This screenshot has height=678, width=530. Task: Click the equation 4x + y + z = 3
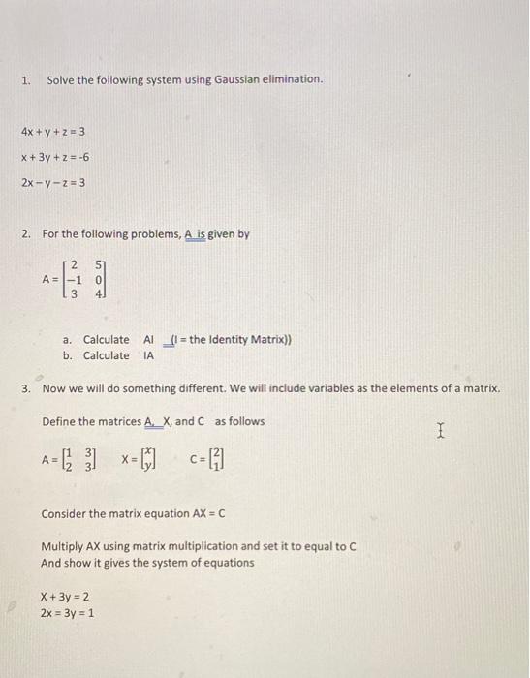(x=54, y=131)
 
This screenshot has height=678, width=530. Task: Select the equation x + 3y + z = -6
(x=55, y=156)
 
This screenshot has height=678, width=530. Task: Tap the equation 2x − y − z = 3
(x=54, y=181)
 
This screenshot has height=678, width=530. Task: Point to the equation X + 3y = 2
(x=65, y=597)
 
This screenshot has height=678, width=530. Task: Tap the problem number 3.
(x=26, y=388)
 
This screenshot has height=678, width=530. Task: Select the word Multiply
(x=63, y=546)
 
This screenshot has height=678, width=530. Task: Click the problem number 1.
(x=26, y=77)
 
